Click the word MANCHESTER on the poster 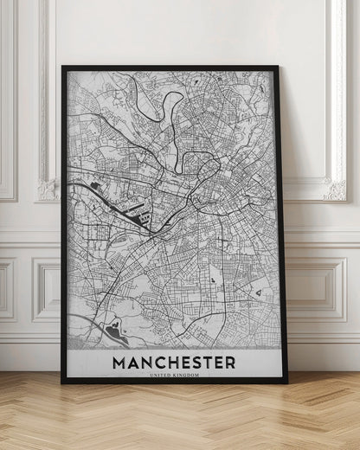(x=174, y=361)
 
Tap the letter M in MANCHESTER (x=119, y=361)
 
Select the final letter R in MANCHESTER (x=229, y=361)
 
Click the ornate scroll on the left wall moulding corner (x=48, y=188)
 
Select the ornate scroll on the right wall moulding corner (x=334, y=188)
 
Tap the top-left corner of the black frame (x=63, y=68)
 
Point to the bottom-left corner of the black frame (x=63, y=381)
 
